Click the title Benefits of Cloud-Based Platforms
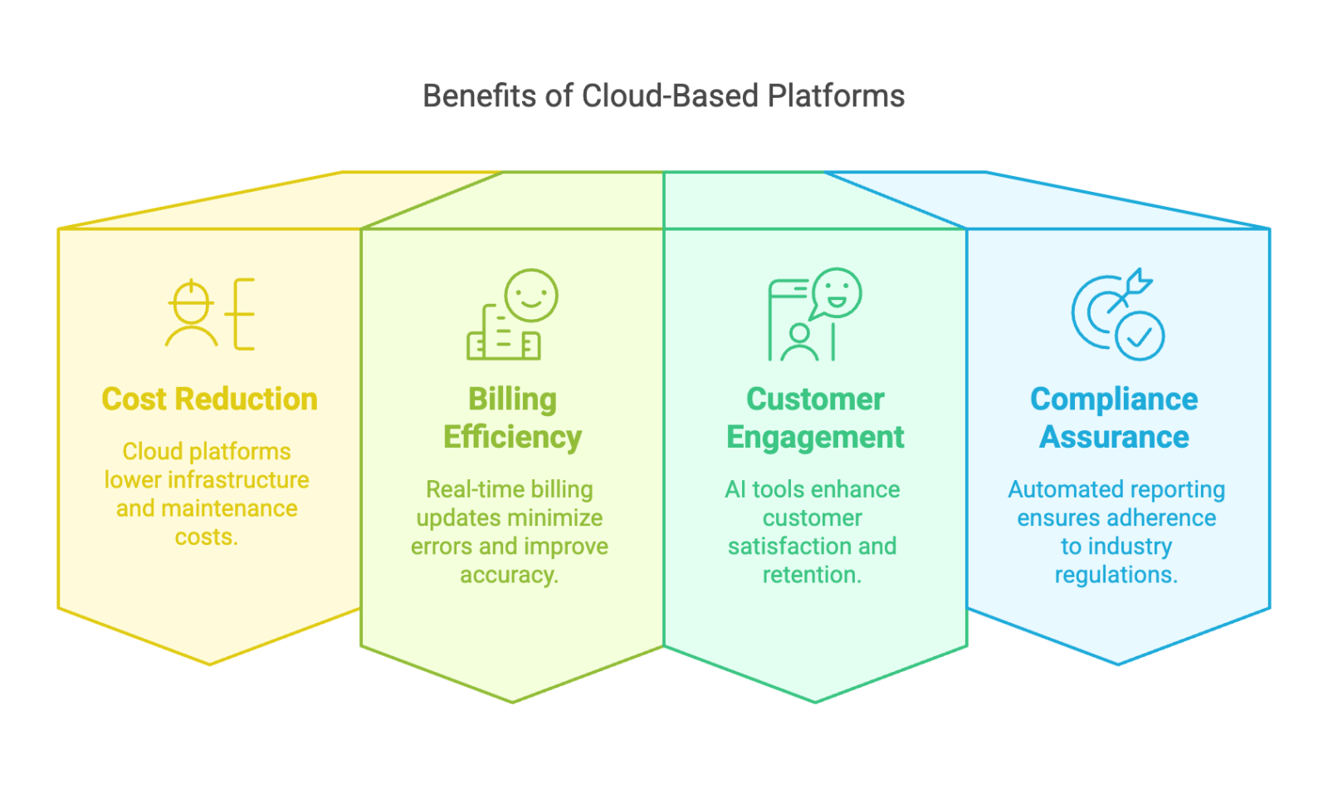click(663, 96)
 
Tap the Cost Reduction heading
click(209, 399)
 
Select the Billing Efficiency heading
click(512, 418)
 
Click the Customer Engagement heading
click(815, 418)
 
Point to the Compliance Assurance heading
click(1114, 418)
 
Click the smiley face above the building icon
click(531, 295)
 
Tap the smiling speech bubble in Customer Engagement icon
click(837, 292)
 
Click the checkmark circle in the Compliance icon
click(1140, 336)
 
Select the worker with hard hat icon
click(192, 313)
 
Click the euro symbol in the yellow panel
click(242, 314)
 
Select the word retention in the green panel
click(812, 575)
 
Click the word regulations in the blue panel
click(1116, 575)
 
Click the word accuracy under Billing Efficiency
click(509, 575)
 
